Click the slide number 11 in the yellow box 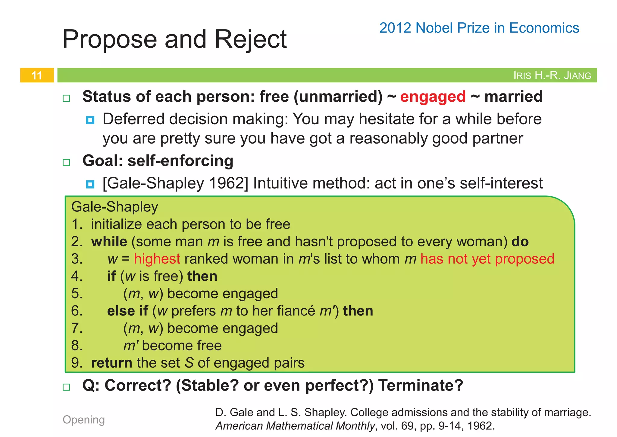tap(37, 75)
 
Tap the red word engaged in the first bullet tap(433, 97)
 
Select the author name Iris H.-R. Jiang tap(552, 75)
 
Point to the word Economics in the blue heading tap(544, 28)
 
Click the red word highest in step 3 tap(157, 259)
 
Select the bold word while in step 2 tap(109, 242)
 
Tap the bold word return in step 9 tap(111, 363)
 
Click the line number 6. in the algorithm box tap(77, 311)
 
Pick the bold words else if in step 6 tap(127, 311)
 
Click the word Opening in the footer tap(84, 420)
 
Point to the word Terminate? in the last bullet tap(421, 385)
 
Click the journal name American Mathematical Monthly tap(295, 426)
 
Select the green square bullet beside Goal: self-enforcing tap(66, 163)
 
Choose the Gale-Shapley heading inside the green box tap(114, 207)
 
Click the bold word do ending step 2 tap(520, 242)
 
